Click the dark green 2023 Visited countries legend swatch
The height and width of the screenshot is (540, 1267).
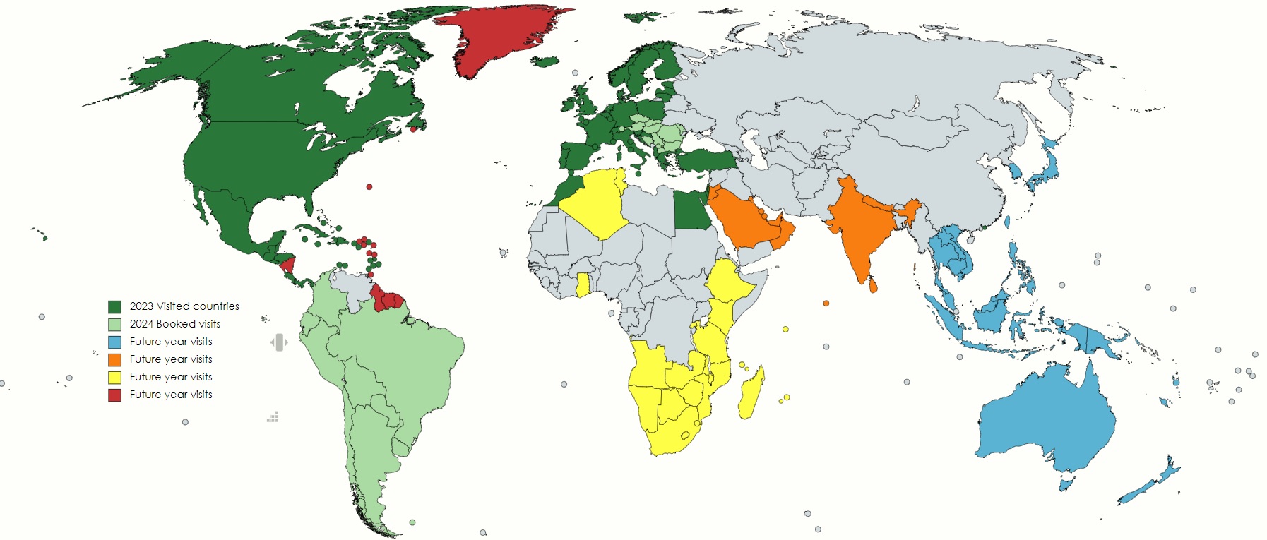[114, 306]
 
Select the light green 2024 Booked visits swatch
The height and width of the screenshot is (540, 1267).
[114, 324]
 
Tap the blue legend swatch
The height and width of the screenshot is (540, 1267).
[114, 342]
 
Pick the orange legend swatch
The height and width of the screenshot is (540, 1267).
[114, 359]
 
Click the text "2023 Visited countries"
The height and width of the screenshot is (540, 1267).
[184, 306]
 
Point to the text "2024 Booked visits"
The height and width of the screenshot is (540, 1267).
[175, 324]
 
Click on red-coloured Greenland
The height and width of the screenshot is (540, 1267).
[494, 39]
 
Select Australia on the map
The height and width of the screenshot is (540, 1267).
[1045, 424]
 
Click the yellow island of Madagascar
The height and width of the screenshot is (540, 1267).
[751, 392]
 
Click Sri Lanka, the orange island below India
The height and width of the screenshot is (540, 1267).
[874, 285]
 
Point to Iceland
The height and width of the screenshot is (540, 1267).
[545, 62]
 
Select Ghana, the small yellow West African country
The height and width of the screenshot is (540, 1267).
[583, 285]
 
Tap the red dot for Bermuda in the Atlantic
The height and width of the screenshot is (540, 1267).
[369, 187]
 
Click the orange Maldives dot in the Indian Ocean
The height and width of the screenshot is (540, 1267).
[826, 304]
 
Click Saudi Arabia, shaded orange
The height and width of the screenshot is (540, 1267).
[742, 219]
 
